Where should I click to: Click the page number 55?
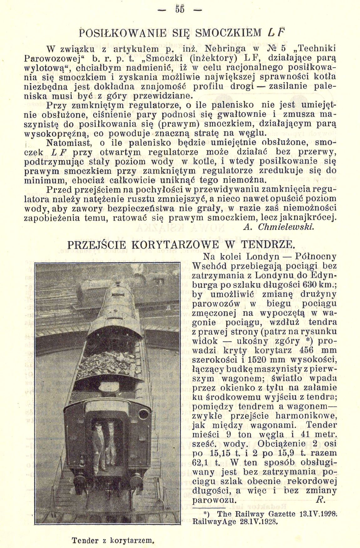(x=180, y=10)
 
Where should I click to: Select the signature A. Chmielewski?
(x=278, y=227)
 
